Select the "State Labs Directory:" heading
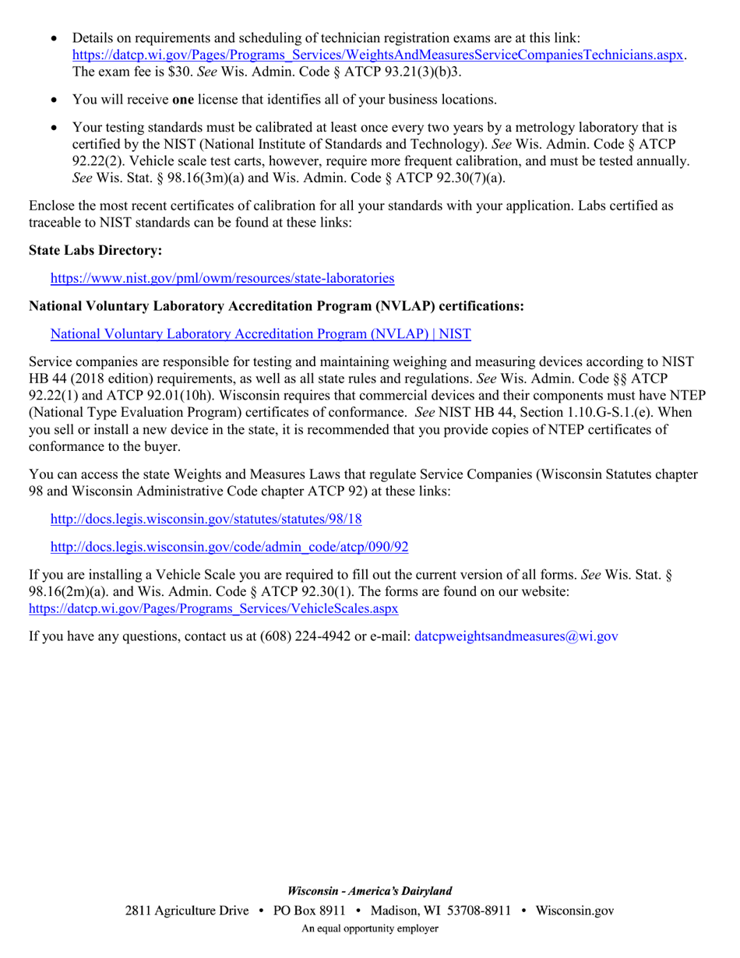click(x=96, y=250)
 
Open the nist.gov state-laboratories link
click(x=222, y=278)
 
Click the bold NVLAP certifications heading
click(x=277, y=306)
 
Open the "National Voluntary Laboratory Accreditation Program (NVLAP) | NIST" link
click(x=260, y=334)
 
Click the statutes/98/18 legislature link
click(x=206, y=519)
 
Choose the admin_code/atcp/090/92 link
click(x=229, y=547)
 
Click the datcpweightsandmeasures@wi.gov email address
click(x=516, y=636)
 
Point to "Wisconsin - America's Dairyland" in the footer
click(x=369, y=891)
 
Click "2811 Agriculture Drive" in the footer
click(x=187, y=910)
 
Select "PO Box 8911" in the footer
click(x=309, y=910)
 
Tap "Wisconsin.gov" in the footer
click(x=575, y=910)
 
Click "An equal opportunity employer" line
click(x=369, y=928)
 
